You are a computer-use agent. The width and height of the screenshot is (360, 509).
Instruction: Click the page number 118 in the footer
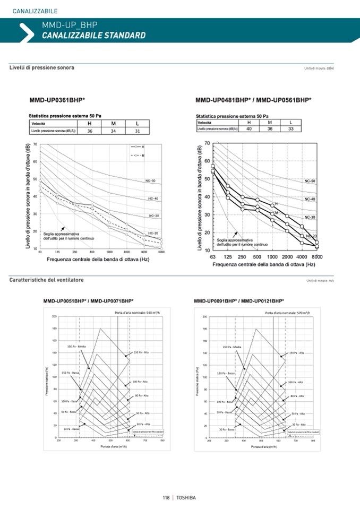(x=166, y=497)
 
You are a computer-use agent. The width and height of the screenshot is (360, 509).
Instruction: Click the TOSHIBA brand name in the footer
(x=186, y=497)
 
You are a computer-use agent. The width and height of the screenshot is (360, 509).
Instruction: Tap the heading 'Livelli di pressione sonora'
(x=42, y=67)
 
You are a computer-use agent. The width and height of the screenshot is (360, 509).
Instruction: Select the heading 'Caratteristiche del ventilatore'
(x=46, y=280)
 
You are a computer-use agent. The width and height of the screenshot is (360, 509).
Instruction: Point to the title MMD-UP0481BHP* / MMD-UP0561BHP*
(x=253, y=99)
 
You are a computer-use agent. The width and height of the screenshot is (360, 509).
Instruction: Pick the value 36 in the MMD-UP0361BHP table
(x=90, y=131)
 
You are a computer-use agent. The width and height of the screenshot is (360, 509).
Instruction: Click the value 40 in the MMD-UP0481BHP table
(x=249, y=128)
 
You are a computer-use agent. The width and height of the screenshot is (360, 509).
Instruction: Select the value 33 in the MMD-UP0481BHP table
(x=290, y=128)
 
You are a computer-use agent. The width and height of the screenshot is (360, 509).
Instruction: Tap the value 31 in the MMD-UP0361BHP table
(x=137, y=131)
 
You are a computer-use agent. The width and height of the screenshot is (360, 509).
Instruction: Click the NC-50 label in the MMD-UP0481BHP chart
(x=310, y=181)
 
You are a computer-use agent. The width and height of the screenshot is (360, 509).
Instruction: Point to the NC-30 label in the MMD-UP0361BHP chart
(x=153, y=215)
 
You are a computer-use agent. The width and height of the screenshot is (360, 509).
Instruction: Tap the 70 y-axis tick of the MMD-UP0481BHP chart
(x=207, y=143)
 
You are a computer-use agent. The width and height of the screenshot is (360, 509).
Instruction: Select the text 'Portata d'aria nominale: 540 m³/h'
(x=138, y=313)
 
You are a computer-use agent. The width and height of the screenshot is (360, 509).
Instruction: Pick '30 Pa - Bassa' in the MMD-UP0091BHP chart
(x=228, y=428)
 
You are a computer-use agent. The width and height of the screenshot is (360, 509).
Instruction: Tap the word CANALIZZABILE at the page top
(x=35, y=11)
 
